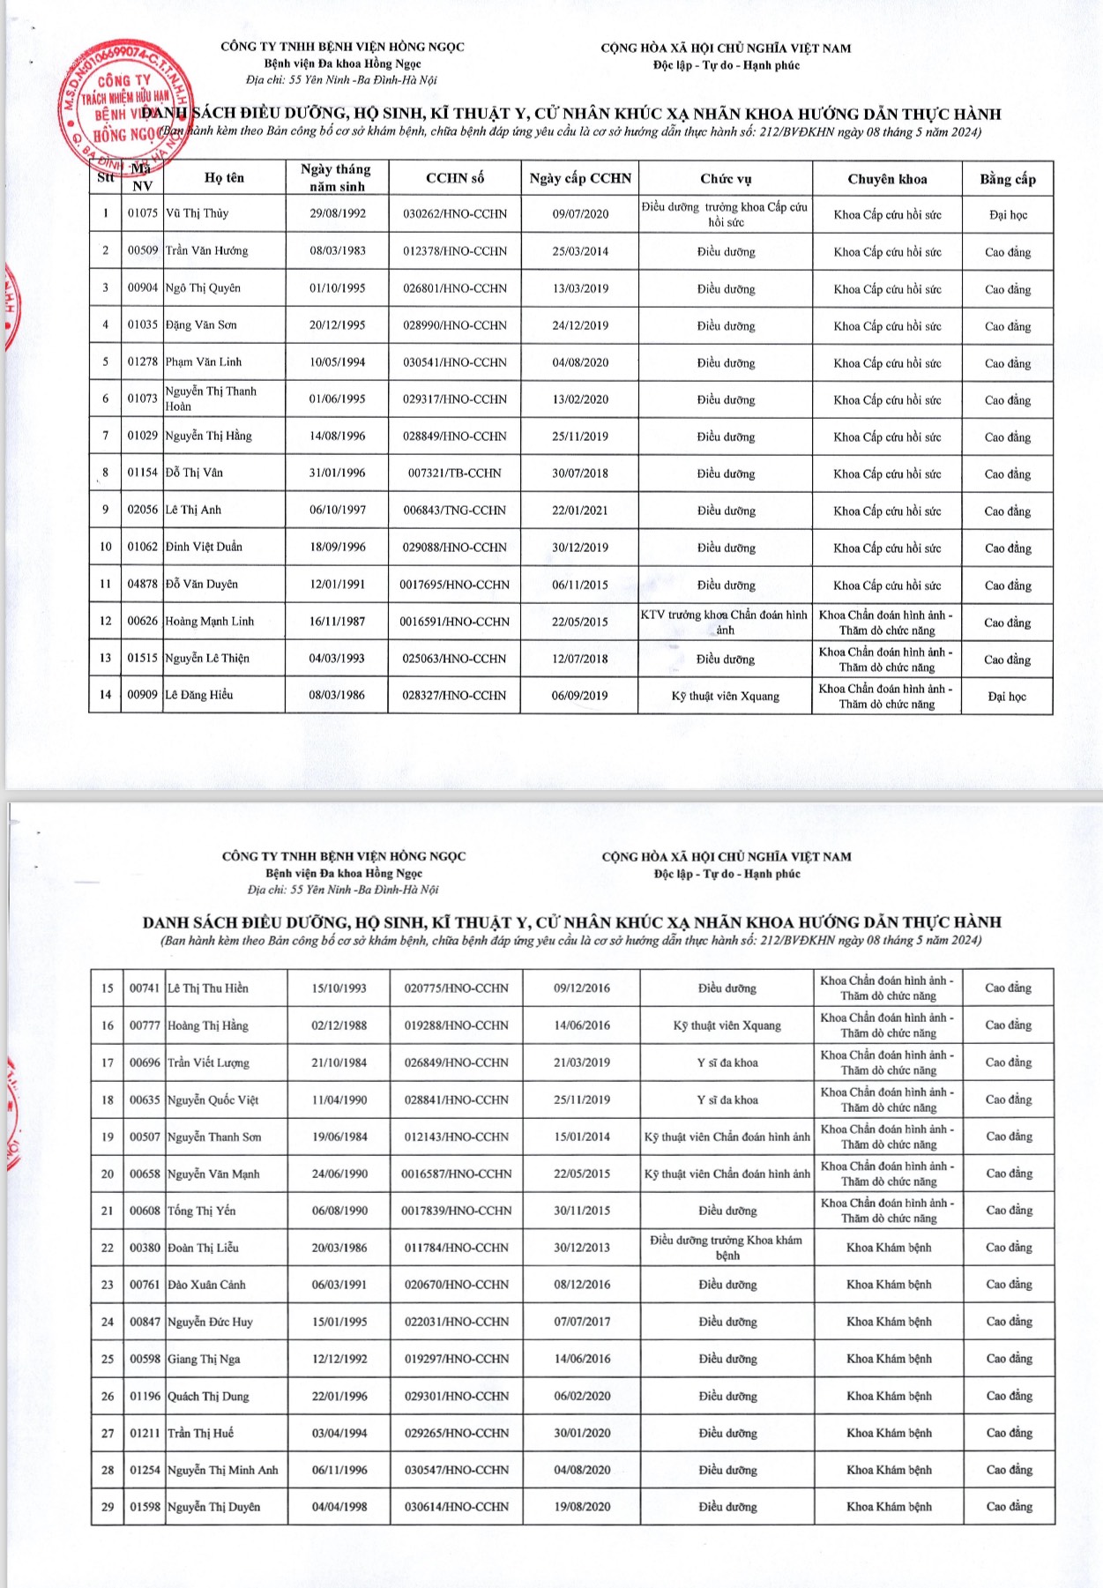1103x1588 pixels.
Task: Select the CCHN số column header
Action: pyautogui.click(x=455, y=178)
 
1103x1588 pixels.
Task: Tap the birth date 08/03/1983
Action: pyautogui.click(x=338, y=251)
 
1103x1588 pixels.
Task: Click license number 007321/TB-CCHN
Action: pyautogui.click(x=455, y=473)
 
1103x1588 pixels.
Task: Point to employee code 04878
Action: pyautogui.click(x=143, y=585)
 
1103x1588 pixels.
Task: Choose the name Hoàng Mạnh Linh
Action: pyautogui.click(x=210, y=622)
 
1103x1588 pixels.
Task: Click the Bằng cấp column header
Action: pyautogui.click(x=1008, y=179)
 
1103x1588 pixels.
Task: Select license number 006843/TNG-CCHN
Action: pyautogui.click(x=455, y=511)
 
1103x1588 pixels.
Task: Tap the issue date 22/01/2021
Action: pyautogui.click(x=580, y=511)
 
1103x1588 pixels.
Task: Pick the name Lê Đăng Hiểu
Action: pyautogui.click(x=199, y=696)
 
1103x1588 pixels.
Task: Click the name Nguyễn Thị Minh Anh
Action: pyautogui.click(x=223, y=1471)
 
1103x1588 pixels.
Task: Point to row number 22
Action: pyautogui.click(x=108, y=1249)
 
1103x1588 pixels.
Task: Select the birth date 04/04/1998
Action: pyautogui.click(x=339, y=1508)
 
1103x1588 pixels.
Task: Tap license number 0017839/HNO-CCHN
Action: pyautogui.click(x=457, y=1212)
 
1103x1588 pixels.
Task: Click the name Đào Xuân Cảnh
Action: pyautogui.click(x=207, y=1286)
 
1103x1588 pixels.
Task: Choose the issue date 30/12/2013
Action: pyautogui.click(x=582, y=1249)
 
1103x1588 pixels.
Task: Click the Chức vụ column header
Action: pyautogui.click(x=726, y=179)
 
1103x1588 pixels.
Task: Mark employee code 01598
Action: pyautogui.click(x=145, y=1508)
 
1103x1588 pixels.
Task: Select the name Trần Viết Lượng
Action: pyautogui.click(x=209, y=1063)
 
